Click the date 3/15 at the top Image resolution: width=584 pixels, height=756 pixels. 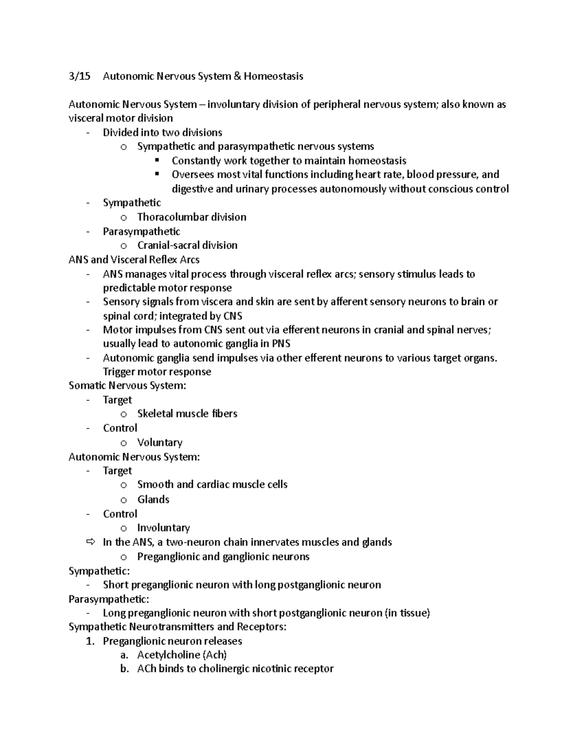point(79,76)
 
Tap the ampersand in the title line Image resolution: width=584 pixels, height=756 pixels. point(237,76)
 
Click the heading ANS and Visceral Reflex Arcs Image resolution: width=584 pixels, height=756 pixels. point(134,259)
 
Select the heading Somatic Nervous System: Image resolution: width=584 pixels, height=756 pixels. point(128,386)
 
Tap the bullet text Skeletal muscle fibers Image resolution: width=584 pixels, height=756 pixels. point(187,414)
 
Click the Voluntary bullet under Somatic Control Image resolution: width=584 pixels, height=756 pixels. point(160,443)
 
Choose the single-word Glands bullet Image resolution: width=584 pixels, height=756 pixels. point(153,499)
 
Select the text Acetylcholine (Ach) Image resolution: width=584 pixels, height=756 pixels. point(182,655)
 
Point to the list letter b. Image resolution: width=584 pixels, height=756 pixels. point(125,669)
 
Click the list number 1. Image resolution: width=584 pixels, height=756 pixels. point(89,641)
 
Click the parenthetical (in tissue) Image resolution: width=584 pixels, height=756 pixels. point(407,613)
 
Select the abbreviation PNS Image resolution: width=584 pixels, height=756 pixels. point(281,344)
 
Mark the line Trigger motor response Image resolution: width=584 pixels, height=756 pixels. point(157,372)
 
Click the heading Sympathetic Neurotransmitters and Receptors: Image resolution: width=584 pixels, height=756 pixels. point(178,627)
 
